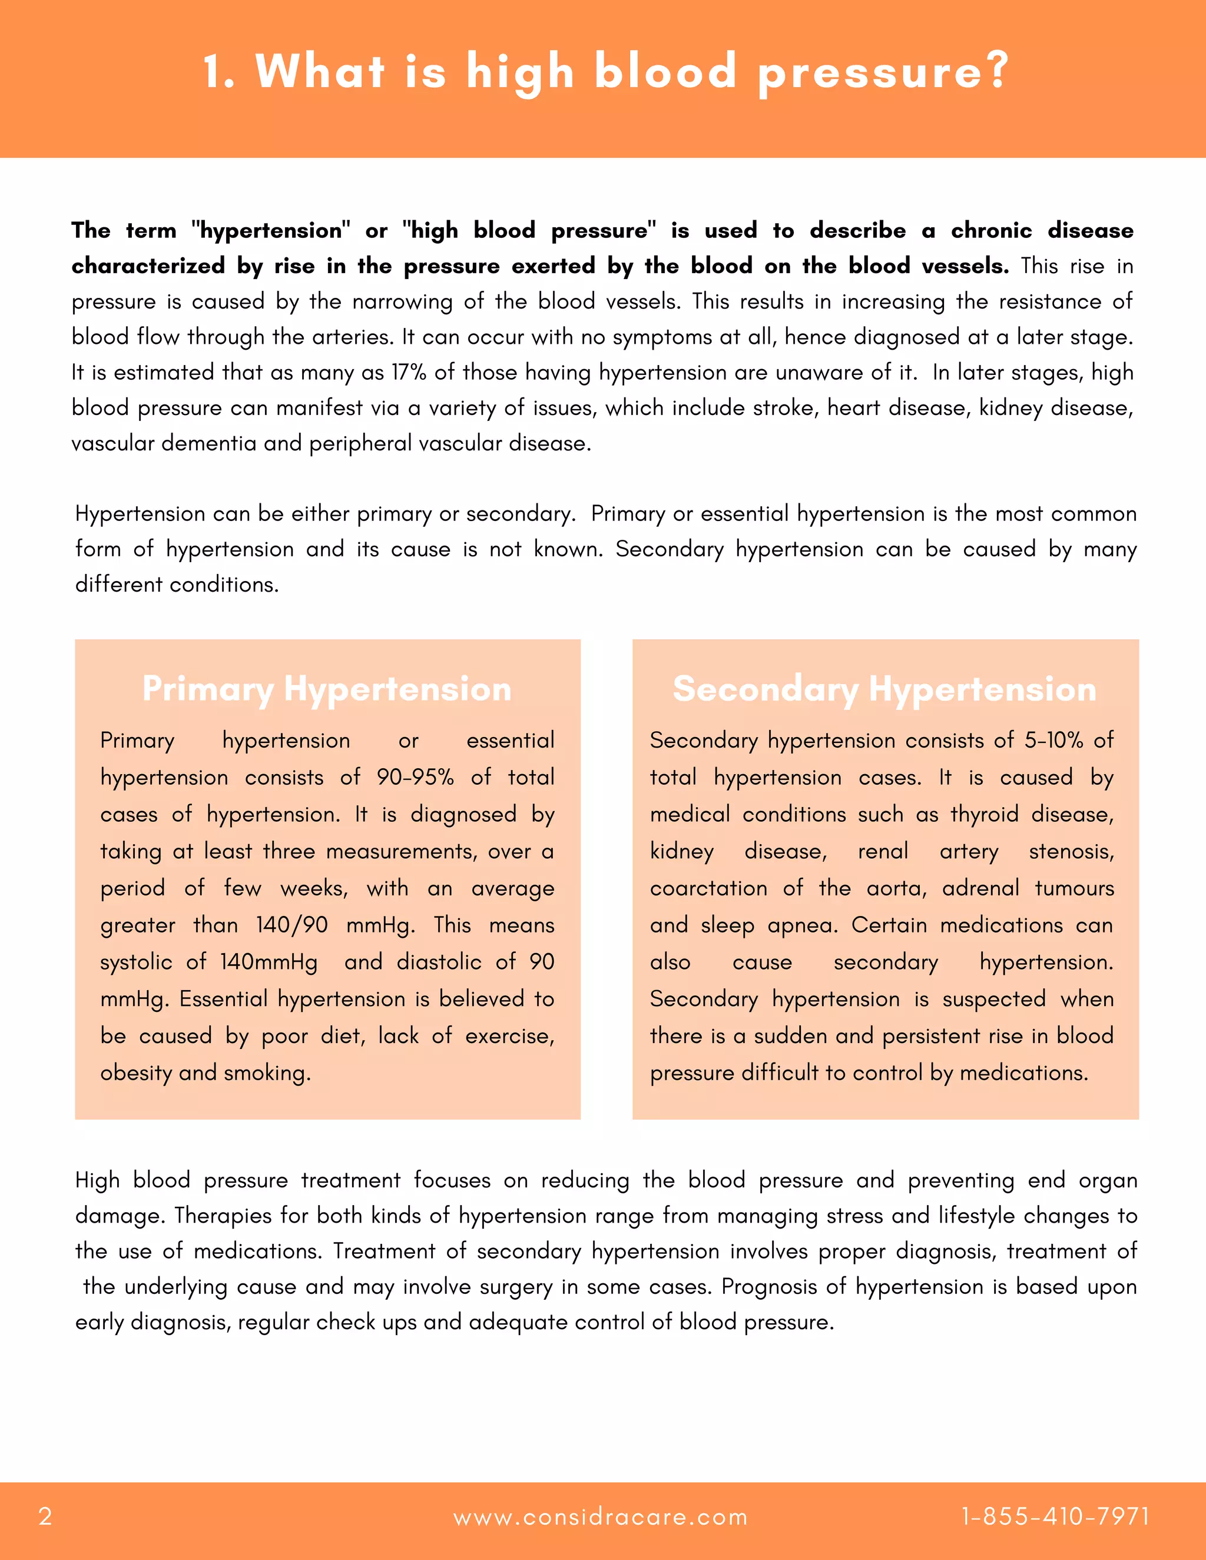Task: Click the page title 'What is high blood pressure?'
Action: click(605, 71)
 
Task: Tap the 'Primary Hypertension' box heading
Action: click(327, 689)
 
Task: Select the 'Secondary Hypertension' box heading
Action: click(884, 689)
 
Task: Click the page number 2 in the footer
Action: click(45, 1516)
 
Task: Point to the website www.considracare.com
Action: click(600, 1517)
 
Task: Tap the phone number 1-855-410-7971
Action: click(1055, 1516)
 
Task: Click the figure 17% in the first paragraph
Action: click(409, 372)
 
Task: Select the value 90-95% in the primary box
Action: click(415, 777)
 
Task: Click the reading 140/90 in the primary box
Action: click(291, 925)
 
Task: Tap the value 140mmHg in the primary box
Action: click(269, 962)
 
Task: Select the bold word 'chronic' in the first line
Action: click(991, 230)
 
